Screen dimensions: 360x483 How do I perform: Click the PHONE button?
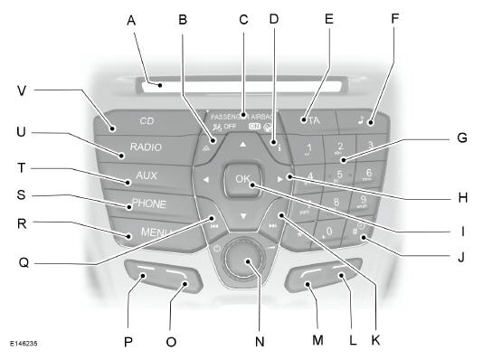(x=149, y=204)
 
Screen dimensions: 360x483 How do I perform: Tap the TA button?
(x=314, y=118)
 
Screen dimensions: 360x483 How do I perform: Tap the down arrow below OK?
(x=242, y=215)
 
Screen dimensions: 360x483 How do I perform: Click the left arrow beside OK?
(x=207, y=180)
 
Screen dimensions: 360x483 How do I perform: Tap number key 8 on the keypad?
(x=336, y=203)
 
